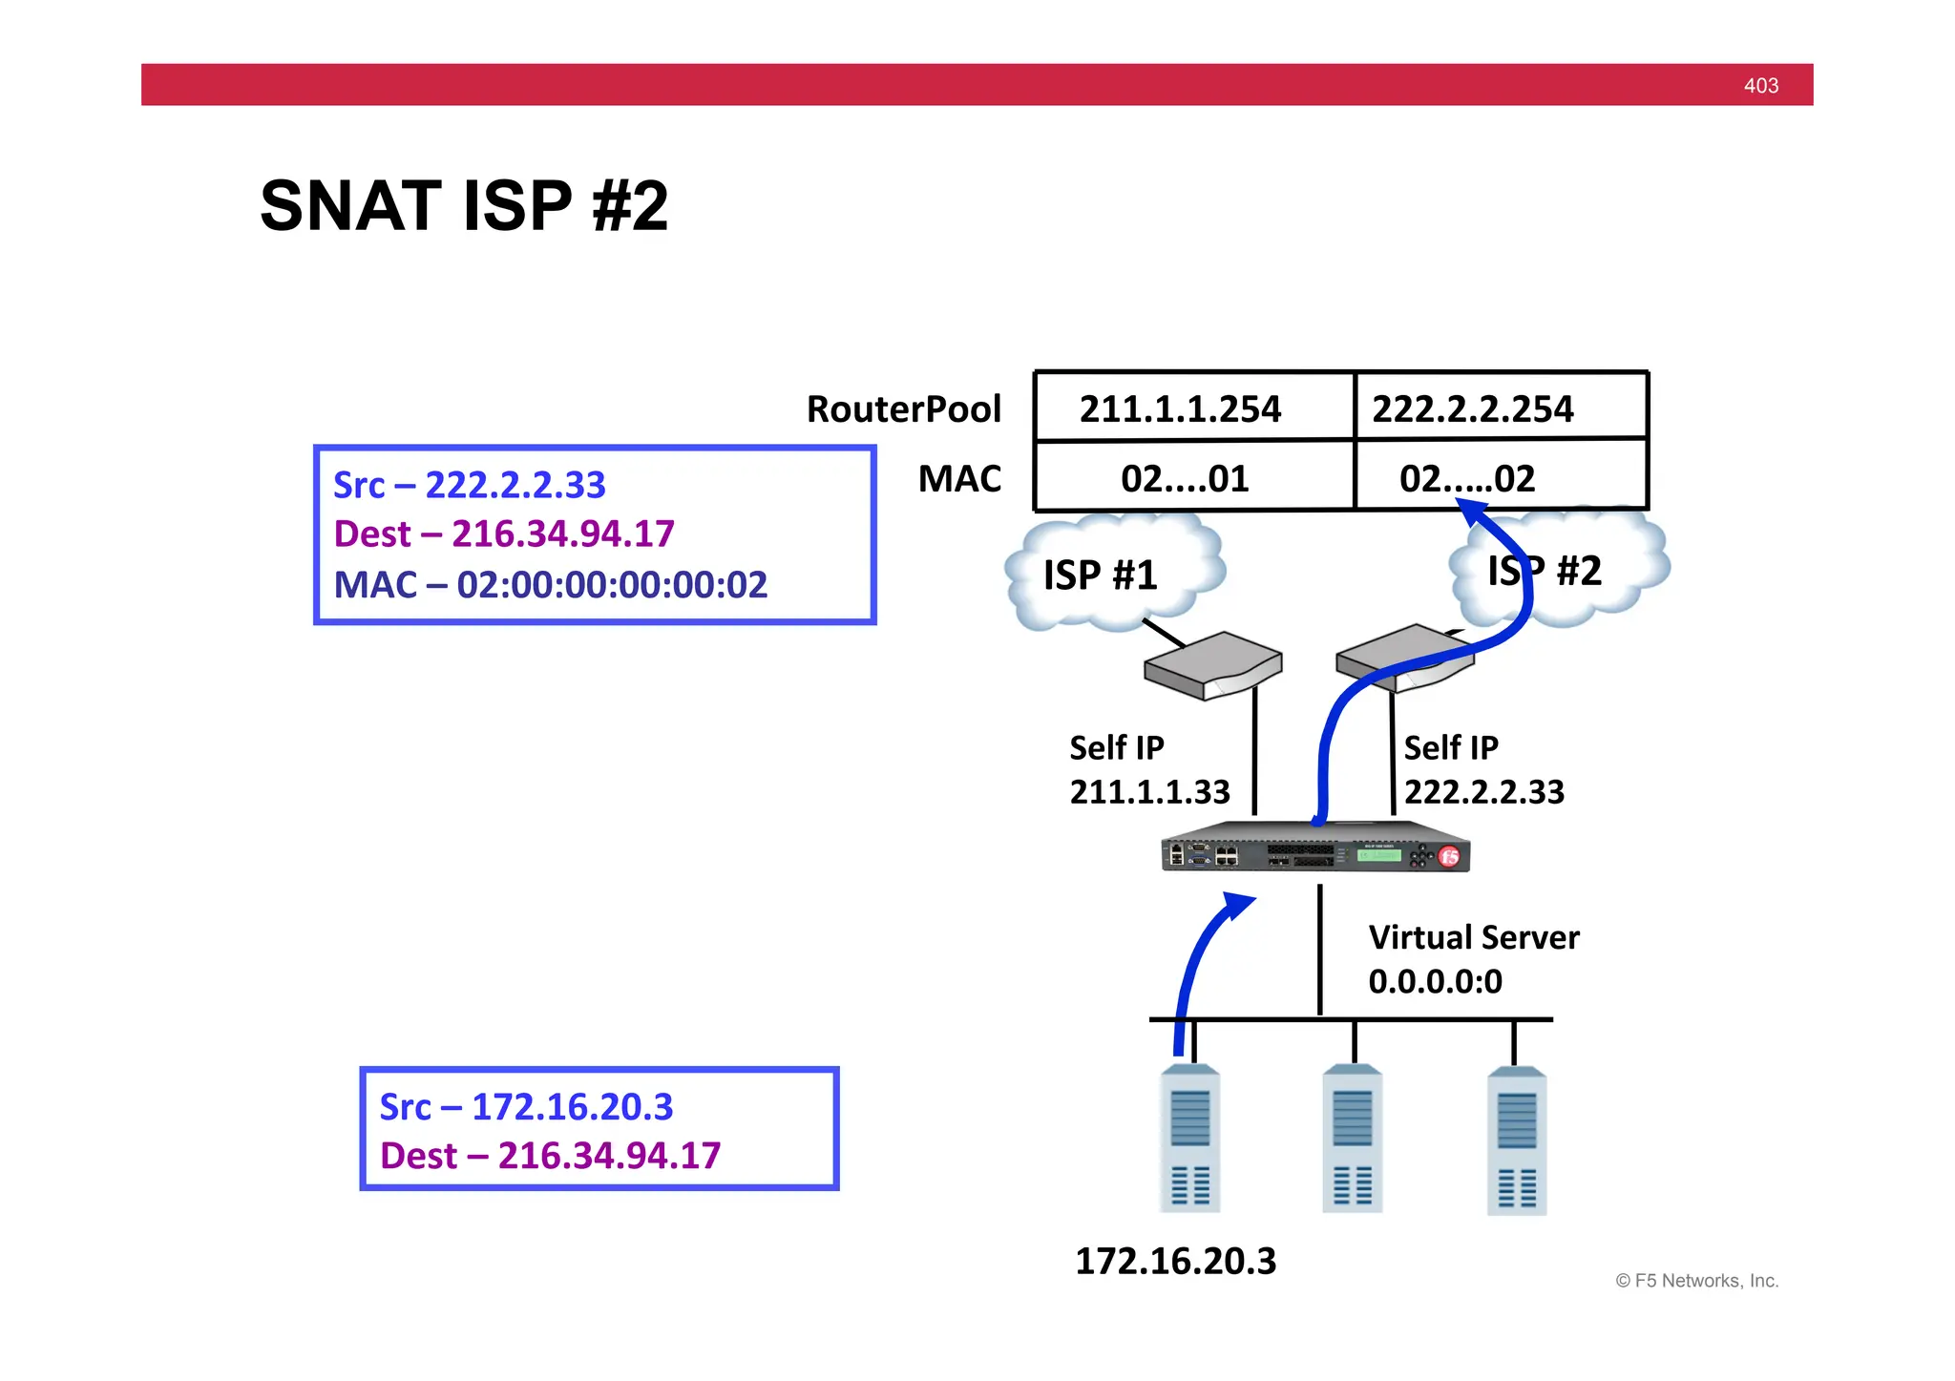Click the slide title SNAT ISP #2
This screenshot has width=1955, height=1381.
pos(464,206)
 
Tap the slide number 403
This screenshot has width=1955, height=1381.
pos(1760,86)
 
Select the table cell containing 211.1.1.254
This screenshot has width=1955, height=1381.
pos(1180,408)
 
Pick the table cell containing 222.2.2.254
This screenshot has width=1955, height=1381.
pos(1472,408)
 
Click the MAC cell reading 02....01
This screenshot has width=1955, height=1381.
pos(1185,478)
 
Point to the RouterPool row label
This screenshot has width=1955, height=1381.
pos(903,409)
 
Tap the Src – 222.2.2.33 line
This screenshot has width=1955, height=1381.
pos(469,485)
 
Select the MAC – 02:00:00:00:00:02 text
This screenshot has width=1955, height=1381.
pos(550,585)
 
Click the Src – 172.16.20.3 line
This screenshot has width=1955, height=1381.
pos(526,1107)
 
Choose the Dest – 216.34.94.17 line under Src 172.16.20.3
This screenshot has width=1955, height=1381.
pos(550,1156)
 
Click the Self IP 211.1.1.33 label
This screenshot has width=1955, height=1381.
pos(1148,769)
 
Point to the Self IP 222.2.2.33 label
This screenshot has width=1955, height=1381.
pos(1483,769)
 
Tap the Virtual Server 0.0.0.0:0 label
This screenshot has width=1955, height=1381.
pos(1473,959)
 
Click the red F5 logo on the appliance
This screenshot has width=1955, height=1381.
pos(1449,856)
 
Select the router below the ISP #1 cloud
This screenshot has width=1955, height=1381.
pos(1212,665)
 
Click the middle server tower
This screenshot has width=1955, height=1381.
pos(1352,1139)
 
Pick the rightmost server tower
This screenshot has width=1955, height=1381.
pos(1516,1140)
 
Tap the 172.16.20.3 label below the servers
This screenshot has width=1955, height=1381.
pos(1175,1262)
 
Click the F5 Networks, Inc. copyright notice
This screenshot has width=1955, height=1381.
pos(1696,1281)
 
